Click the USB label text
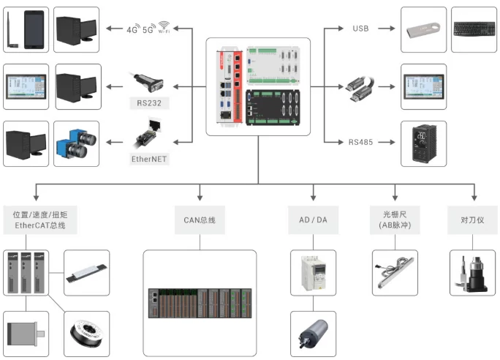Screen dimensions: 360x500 point(360,29)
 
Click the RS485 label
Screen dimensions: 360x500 point(360,142)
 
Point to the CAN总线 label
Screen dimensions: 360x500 point(200,219)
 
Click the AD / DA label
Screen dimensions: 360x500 point(313,219)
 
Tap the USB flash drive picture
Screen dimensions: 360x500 point(423,29)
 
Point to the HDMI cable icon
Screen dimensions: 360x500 point(360,85)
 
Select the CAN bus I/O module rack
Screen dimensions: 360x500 point(200,301)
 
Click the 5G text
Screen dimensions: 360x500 point(148,30)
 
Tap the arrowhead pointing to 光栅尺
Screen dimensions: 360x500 point(395,197)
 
